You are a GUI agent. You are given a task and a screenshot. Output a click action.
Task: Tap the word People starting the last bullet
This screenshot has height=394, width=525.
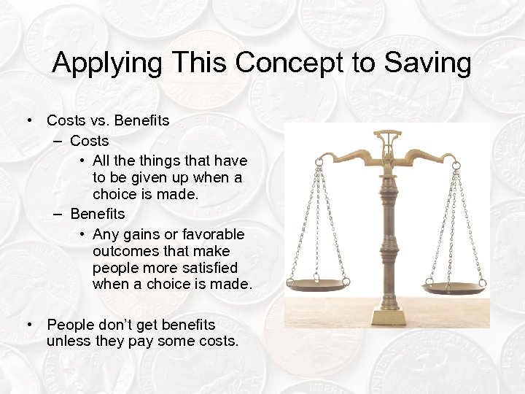click(70, 324)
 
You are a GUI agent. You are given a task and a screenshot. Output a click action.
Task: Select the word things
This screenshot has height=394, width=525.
click(165, 160)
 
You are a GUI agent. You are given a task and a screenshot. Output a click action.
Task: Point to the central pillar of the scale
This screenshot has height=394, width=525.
click(386, 226)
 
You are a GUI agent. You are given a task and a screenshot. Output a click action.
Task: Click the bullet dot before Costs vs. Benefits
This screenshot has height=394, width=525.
click(29, 120)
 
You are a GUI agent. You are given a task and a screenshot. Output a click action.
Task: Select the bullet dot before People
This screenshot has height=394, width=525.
click(29, 324)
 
